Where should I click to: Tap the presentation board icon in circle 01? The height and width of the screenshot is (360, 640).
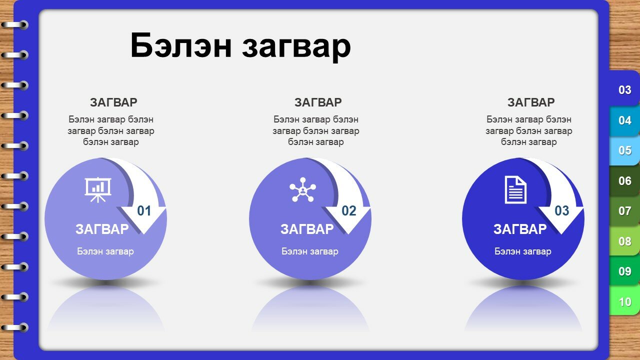click(98, 189)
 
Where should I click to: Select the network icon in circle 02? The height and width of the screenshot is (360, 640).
click(302, 189)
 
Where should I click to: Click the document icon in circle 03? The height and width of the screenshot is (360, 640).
click(515, 190)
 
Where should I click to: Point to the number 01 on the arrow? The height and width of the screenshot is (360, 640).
click(144, 211)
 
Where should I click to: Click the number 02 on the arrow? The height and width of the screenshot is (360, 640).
click(349, 211)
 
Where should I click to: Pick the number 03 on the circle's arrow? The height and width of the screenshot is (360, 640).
click(562, 211)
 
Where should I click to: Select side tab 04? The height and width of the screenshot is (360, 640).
click(624, 120)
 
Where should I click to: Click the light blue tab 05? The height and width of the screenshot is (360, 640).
click(624, 150)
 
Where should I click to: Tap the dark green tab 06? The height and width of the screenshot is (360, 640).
click(624, 181)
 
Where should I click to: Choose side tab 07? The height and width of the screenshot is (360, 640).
click(624, 211)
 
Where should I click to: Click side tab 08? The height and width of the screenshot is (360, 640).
click(624, 241)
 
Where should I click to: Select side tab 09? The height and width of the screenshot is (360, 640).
click(624, 271)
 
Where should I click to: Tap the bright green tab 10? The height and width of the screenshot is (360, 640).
click(624, 301)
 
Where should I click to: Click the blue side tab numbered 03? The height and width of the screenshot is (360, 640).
click(624, 90)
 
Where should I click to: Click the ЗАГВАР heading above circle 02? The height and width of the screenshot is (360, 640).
click(318, 102)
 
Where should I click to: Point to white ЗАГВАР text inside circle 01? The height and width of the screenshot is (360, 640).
click(102, 229)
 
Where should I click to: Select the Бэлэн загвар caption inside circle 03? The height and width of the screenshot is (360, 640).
click(523, 251)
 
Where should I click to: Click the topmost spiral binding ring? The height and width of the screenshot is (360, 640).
click(15, 25)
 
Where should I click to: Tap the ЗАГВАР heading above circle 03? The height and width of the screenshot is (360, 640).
click(531, 102)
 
